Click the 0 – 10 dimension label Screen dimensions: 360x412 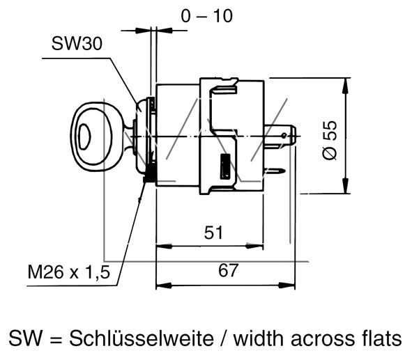pos(206,15)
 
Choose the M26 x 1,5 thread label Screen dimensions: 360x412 pos(69,274)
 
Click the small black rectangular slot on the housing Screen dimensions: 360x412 pos(224,167)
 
